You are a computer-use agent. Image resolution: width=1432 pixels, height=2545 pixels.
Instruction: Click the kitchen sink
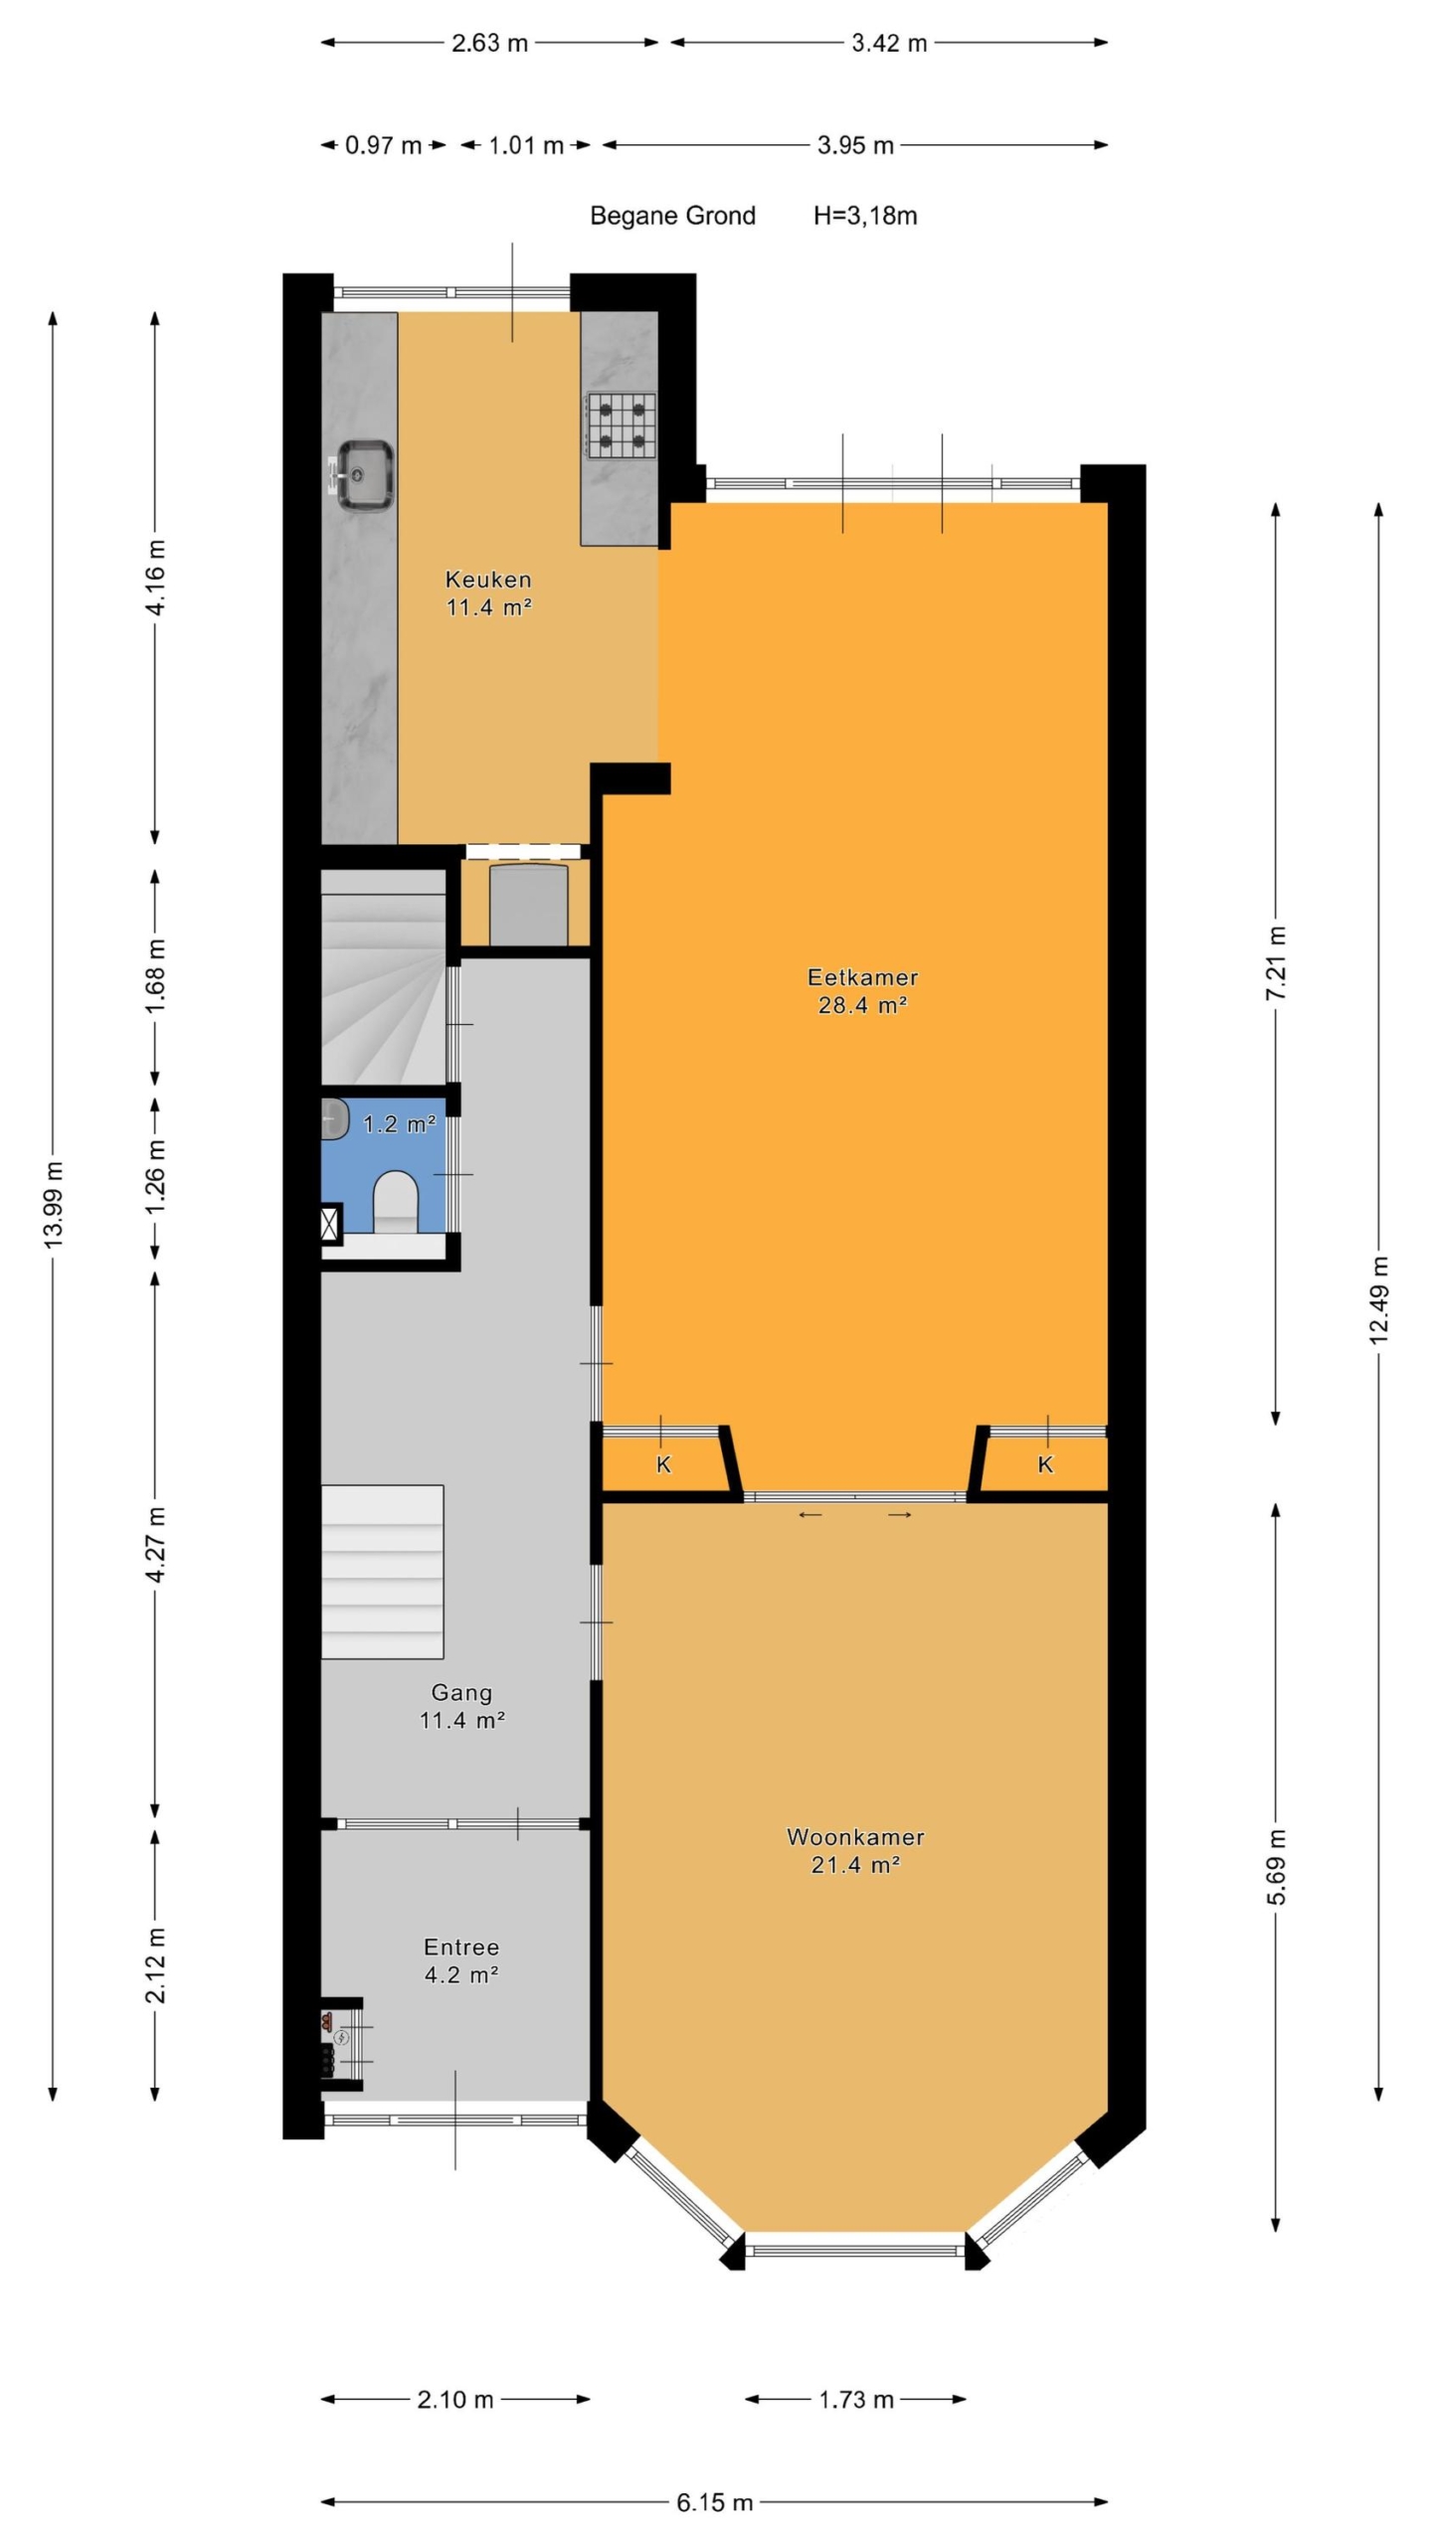(x=364, y=475)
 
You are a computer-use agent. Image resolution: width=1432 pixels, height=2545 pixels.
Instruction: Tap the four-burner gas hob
(x=621, y=425)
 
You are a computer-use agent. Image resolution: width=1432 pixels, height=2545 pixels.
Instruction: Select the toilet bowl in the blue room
(x=395, y=1201)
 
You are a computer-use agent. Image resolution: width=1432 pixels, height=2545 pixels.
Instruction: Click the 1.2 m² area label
(x=400, y=1123)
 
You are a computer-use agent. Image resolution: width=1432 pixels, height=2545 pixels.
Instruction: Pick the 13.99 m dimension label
(x=54, y=1203)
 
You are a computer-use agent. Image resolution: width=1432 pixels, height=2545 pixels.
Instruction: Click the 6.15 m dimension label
(x=714, y=2501)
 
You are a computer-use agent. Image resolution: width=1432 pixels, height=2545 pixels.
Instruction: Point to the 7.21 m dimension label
(x=1277, y=963)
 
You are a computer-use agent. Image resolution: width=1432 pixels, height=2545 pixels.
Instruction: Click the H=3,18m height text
(x=865, y=216)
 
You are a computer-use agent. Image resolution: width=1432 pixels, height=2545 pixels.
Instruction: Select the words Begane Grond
(x=672, y=216)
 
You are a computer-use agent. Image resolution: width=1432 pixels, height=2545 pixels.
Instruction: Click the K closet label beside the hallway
(x=663, y=1464)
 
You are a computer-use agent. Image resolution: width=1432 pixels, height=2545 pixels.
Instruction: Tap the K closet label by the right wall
(x=1045, y=1463)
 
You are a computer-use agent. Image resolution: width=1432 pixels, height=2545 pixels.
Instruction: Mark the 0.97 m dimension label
(x=383, y=145)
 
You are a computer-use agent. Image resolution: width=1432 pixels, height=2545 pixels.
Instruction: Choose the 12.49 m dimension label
(x=1378, y=1300)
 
